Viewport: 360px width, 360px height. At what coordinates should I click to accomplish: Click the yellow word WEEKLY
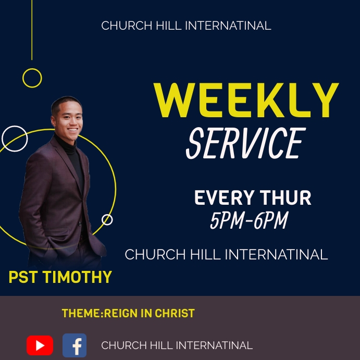[x=246, y=101]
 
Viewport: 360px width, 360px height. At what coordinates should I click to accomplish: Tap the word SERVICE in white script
[x=245, y=143]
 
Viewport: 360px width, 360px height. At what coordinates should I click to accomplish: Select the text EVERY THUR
[x=253, y=198]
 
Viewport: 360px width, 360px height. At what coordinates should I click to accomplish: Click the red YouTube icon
[x=40, y=345]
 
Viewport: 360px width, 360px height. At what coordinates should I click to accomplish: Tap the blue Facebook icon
[x=75, y=345]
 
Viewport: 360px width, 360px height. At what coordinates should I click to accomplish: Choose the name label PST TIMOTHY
[x=60, y=277]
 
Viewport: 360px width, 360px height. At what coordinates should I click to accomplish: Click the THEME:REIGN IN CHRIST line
[x=128, y=314]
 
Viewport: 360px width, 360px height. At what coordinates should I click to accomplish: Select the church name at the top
[x=186, y=26]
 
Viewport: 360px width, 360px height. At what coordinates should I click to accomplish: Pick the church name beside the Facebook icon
[x=177, y=345]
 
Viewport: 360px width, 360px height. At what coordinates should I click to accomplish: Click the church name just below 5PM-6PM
[x=226, y=255]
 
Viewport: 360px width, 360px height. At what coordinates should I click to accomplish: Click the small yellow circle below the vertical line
[x=32, y=78]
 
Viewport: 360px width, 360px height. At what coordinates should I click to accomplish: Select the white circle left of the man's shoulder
[x=15, y=139]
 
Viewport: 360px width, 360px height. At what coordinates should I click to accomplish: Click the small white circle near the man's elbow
[x=107, y=219]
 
